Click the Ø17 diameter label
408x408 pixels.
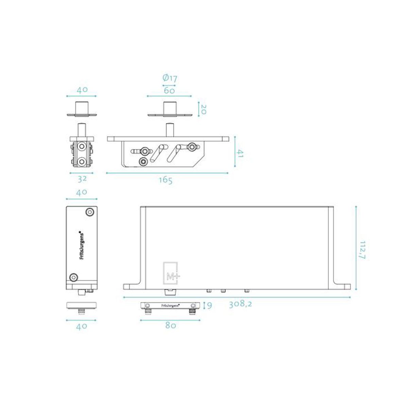170,78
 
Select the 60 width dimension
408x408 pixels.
169,90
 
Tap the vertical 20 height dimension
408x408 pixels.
203,109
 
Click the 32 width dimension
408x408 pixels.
82,178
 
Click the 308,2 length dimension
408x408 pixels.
240,304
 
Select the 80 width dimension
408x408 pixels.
170,325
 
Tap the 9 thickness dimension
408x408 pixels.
209,306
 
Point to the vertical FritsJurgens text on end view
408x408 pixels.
81,245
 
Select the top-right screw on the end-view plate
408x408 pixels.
90,212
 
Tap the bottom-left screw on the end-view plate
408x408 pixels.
73,277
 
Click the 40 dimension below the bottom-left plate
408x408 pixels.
81,326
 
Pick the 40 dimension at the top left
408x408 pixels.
82,90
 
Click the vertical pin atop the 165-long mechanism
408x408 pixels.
169,130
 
